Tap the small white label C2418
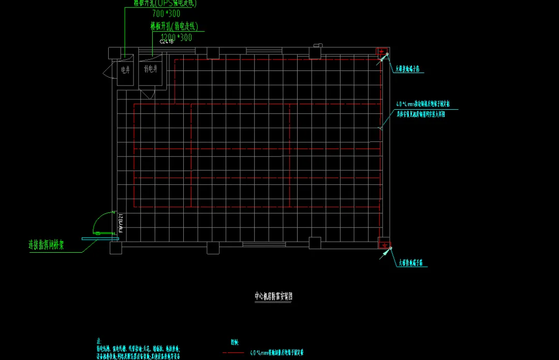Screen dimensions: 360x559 tap(167, 41)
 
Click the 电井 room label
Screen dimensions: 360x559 tap(125, 69)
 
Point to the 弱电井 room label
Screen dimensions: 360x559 tap(151, 69)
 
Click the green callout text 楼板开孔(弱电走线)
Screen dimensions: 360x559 tap(175, 26)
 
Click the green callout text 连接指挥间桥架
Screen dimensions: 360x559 tap(46, 245)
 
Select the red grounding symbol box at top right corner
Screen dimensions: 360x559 tap(382, 52)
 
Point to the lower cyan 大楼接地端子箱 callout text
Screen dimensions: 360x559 tap(413, 263)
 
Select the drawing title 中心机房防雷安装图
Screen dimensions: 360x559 tap(274, 296)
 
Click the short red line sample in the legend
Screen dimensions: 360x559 tap(232, 353)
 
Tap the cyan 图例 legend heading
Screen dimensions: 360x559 tap(234, 342)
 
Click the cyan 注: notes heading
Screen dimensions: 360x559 tap(98, 342)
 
